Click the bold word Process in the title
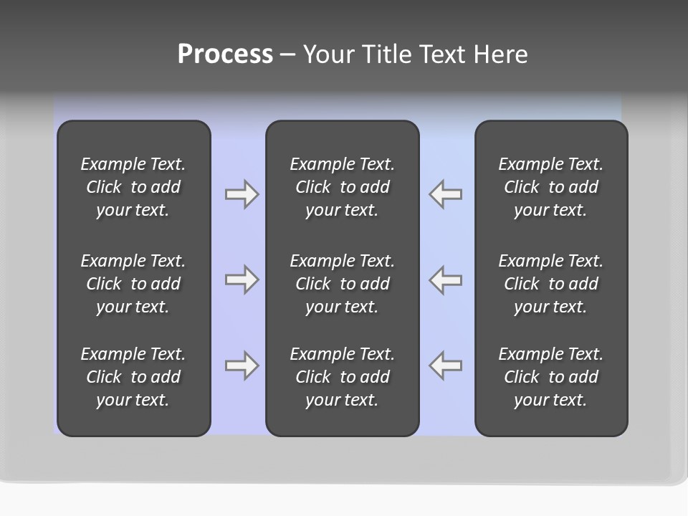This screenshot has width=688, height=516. [225, 54]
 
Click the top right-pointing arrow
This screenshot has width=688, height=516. [242, 194]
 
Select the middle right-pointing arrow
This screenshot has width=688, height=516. [242, 279]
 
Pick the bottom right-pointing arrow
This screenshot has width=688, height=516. [242, 365]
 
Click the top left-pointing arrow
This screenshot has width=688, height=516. [445, 194]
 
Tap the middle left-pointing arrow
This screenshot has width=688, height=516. [445, 279]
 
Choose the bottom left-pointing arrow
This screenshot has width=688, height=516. [445, 365]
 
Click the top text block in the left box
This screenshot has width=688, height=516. [133, 187]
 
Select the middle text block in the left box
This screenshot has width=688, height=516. [133, 284]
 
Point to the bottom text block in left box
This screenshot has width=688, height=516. [133, 377]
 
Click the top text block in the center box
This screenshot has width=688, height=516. [342, 187]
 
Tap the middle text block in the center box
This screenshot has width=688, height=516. [342, 284]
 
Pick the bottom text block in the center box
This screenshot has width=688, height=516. [342, 377]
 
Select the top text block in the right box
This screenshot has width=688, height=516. [550, 187]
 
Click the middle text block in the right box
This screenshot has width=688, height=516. [550, 284]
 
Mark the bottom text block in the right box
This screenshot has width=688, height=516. [550, 377]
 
